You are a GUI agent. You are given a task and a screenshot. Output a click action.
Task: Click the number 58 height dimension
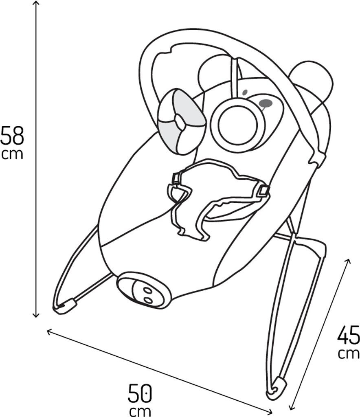12,136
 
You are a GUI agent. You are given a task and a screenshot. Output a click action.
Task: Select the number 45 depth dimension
349,335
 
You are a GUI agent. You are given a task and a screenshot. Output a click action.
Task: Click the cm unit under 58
12,154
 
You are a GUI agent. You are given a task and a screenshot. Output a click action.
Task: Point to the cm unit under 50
140,410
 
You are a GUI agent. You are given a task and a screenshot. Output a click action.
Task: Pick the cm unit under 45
349,353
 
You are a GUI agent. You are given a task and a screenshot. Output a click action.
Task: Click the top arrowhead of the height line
36,3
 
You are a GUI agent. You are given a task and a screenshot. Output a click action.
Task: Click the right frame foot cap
277,388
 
